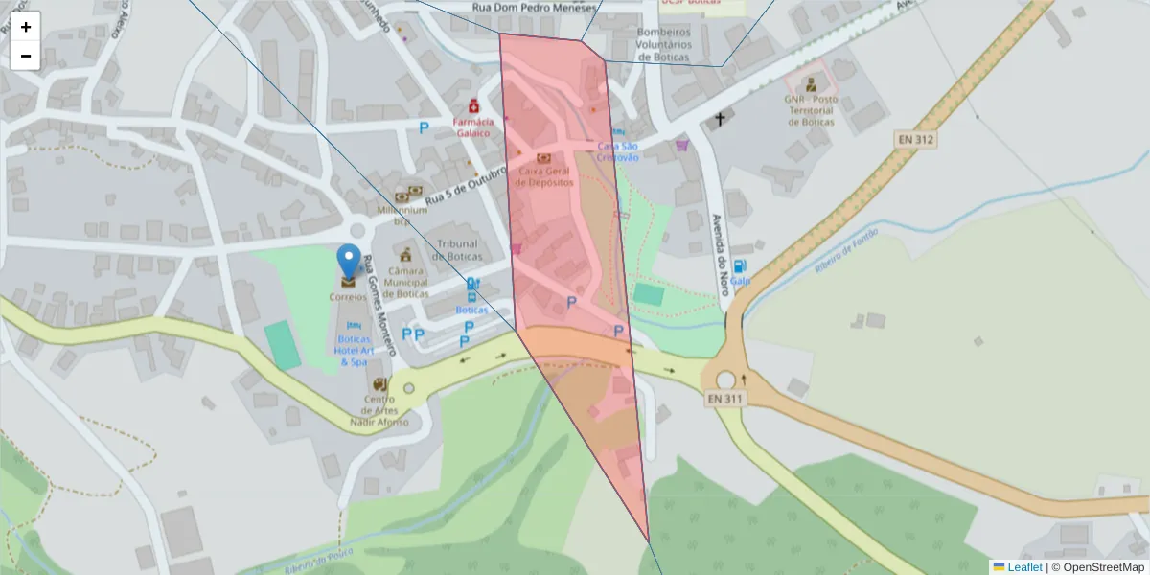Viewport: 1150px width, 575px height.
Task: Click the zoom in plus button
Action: click(x=26, y=27)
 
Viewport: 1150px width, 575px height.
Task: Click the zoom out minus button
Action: click(x=26, y=56)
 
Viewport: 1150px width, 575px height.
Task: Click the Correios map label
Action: click(x=348, y=297)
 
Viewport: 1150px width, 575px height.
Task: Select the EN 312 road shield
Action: click(x=915, y=140)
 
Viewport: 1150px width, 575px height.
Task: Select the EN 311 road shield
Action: click(x=725, y=398)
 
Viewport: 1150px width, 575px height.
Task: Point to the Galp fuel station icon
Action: click(x=739, y=266)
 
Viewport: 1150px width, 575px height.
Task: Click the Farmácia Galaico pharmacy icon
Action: click(x=473, y=107)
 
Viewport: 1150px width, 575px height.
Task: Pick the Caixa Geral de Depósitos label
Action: click(x=545, y=175)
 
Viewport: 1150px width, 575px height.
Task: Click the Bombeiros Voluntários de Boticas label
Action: click(x=663, y=44)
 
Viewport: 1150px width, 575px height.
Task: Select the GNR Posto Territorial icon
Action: click(x=811, y=84)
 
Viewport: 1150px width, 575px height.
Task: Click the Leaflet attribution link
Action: click(x=1023, y=567)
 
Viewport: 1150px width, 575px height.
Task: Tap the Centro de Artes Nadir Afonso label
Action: click(x=379, y=410)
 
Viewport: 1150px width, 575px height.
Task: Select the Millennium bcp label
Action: click(x=402, y=214)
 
